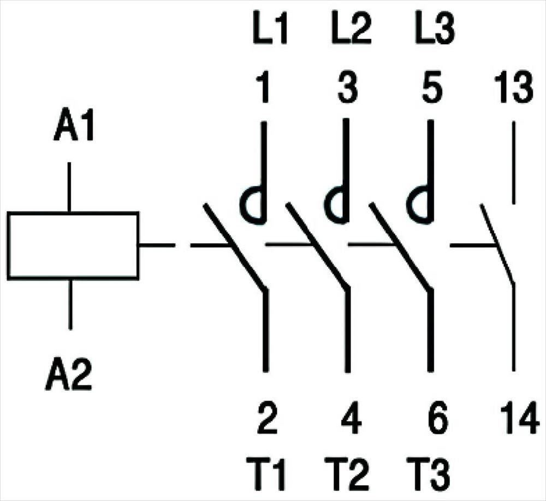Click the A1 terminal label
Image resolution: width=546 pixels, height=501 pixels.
(74, 126)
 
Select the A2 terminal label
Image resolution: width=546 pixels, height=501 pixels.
(69, 374)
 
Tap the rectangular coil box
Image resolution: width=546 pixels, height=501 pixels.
(73, 245)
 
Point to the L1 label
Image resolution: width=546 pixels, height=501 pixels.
(270, 30)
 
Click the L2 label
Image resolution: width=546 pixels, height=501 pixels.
(351, 30)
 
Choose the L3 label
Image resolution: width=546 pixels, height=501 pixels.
(435, 30)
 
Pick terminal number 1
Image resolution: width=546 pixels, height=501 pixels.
(264, 87)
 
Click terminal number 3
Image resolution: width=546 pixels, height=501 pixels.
(347, 87)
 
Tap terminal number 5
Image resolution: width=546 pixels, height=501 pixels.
(432, 87)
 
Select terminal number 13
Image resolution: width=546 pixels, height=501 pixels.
(514, 87)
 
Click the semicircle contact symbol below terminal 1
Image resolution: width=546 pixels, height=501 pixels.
(241, 205)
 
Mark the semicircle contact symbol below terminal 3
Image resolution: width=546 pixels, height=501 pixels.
(325, 205)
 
